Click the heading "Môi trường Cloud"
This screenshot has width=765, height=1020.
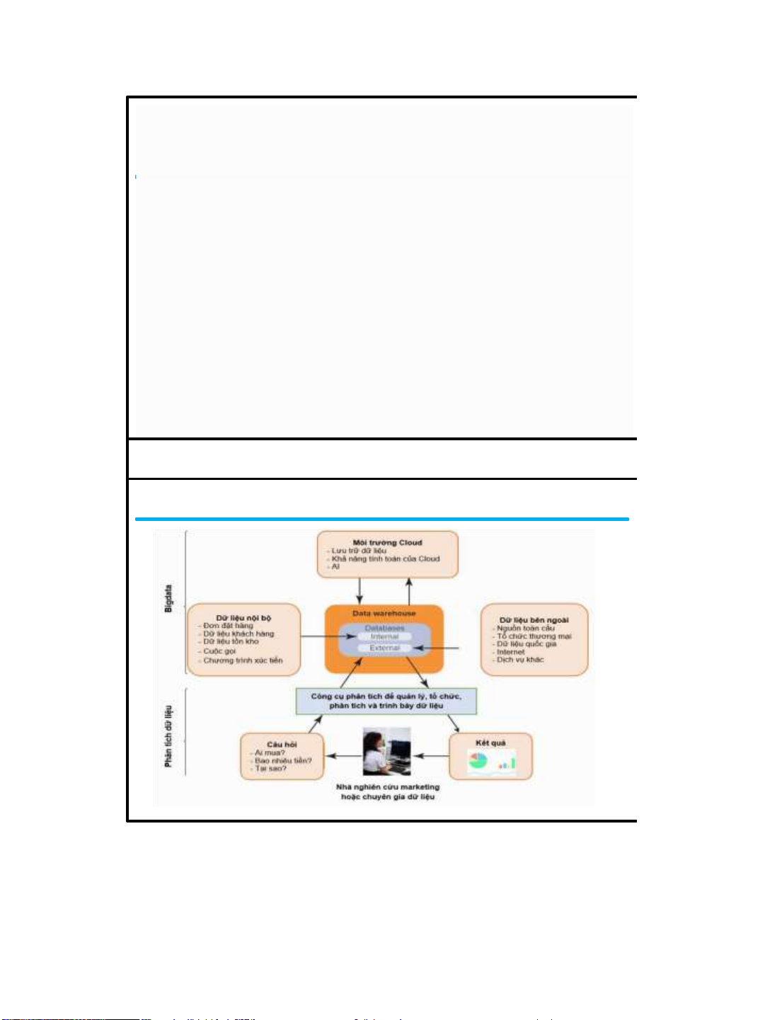[387, 543]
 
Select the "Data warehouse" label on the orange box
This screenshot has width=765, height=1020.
[384, 613]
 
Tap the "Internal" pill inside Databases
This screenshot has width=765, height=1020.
[384, 637]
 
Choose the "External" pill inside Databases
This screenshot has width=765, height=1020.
[384, 648]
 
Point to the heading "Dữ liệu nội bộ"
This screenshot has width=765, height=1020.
[243, 618]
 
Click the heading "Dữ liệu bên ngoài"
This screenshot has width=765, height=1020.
[534, 620]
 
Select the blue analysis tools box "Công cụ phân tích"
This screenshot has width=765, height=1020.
[386, 701]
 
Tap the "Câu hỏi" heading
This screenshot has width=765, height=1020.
[282, 745]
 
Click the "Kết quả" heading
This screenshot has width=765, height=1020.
[490, 743]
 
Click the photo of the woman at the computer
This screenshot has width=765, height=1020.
[386, 752]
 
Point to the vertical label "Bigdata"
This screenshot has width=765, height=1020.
[168, 598]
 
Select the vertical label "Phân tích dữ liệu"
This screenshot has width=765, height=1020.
[168, 735]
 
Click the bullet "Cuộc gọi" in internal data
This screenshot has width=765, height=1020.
[219, 651]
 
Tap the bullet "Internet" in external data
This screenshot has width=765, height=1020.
[510, 652]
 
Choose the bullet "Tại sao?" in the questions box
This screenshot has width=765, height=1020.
[270, 768]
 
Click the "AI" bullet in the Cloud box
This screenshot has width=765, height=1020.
[335, 566]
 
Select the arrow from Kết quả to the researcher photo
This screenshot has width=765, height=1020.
[430, 756]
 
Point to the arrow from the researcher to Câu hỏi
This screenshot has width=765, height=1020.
[343, 756]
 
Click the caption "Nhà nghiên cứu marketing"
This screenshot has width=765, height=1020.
[387, 787]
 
